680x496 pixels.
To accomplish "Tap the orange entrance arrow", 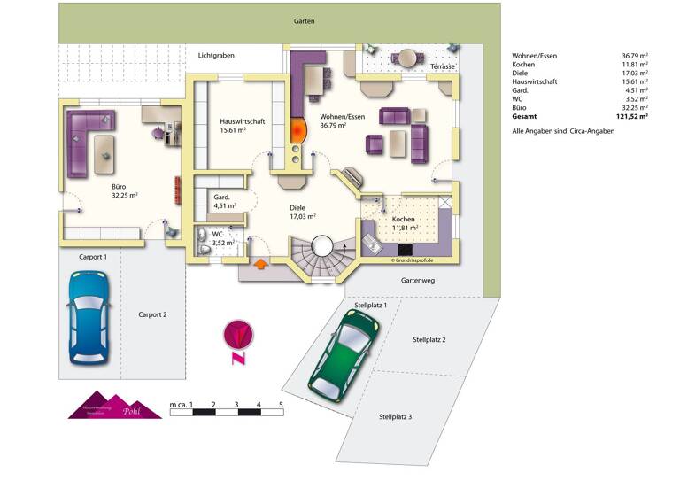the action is pos(262,263).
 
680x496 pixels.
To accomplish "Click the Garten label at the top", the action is pos(305,21).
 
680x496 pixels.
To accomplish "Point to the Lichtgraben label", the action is pos(216,55).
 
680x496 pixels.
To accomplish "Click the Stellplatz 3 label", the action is pos(395,416).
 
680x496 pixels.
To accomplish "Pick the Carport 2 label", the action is pos(152,314).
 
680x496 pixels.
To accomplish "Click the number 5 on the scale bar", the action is pos(281,404).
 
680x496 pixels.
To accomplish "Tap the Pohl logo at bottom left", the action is pos(115,406).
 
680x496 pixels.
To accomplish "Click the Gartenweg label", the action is pos(417,280).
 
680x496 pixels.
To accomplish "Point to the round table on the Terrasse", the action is pos(406,58).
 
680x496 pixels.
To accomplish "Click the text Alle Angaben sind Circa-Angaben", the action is pos(562,130).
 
